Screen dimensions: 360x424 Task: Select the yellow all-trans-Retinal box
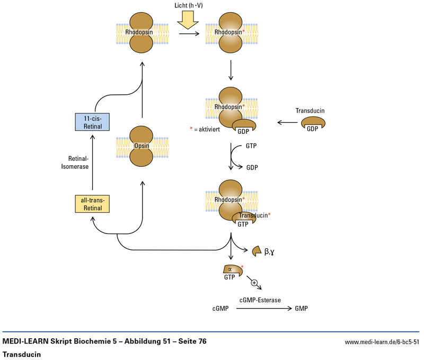coord(93,203)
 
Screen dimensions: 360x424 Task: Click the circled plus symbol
coord(254,282)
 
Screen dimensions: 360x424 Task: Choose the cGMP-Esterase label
coord(260,300)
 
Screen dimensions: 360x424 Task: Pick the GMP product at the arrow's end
coord(301,308)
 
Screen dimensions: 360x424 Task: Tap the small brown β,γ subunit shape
coord(257,250)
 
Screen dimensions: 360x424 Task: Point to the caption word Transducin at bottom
coord(22,353)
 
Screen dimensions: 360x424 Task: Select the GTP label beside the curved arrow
coord(252,145)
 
